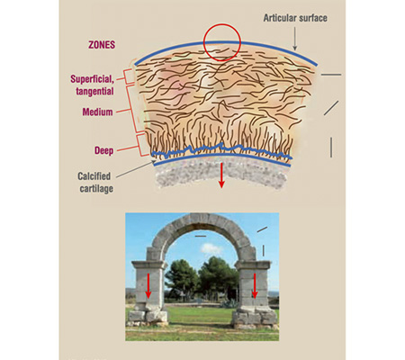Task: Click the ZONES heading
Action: pos(102,45)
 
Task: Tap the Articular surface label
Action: pos(295,18)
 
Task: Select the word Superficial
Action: pos(92,79)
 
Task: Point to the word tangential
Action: pos(94,91)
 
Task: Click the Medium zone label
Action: pos(97,112)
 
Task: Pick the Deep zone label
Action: pos(103,150)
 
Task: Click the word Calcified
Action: pos(94,176)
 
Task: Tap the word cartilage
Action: pos(96,189)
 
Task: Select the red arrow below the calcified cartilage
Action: pos(221,175)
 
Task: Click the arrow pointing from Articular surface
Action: pos(295,39)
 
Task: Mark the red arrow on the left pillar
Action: pos(148,286)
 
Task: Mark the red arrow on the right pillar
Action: pos(255,286)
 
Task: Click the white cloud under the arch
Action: pos(211,248)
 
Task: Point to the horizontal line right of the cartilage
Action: pos(331,75)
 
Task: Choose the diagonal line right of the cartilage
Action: pos(331,108)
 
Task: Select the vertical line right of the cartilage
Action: pos(331,148)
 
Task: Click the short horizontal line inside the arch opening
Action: pos(201,236)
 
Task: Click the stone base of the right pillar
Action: pos(255,318)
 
